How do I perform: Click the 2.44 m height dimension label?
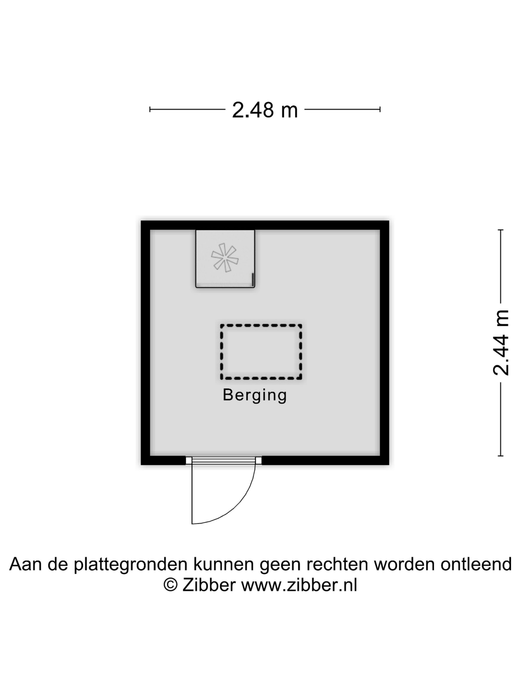click(x=501, y=343)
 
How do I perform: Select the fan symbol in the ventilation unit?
click(x=225, y=258)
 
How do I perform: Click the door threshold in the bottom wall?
click(x=224, y=460)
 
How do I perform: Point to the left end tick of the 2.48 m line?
click(x=150, y=109)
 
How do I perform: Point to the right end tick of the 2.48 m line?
click(x=380, y=109)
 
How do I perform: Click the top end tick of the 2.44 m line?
click(x=501, y=230)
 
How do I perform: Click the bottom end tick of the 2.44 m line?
click(x=501, y=456)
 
